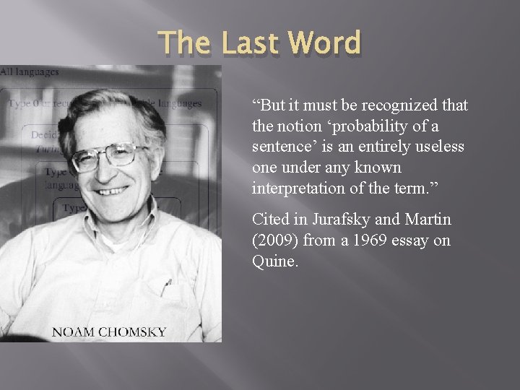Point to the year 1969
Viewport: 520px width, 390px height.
368,240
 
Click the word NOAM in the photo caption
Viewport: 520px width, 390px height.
74,332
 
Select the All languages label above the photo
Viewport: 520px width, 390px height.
30,71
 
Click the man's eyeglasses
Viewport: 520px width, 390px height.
108,155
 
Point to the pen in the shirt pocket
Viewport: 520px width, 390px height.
167,287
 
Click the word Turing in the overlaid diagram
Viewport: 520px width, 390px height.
48,149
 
